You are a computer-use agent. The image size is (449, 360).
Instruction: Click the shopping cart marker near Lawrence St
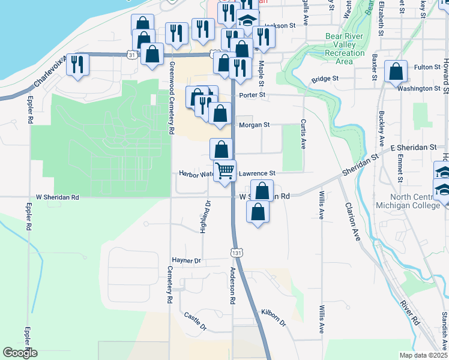(225, 171)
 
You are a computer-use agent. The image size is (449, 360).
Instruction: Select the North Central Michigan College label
(419, 202)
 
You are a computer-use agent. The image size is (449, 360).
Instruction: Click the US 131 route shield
(238, 253)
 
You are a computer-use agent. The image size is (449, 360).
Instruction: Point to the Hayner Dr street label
(185, 261)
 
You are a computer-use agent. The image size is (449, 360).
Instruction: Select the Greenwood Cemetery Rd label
(172, 97)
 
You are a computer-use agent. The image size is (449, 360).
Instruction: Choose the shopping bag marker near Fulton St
(396, 71)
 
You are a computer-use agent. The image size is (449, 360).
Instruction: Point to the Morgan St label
(255, 125)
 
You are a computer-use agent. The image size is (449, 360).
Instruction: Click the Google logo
(20, 353)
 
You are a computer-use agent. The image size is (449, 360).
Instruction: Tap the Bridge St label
(325, 79)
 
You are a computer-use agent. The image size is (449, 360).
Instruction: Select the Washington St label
(418, 88)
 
